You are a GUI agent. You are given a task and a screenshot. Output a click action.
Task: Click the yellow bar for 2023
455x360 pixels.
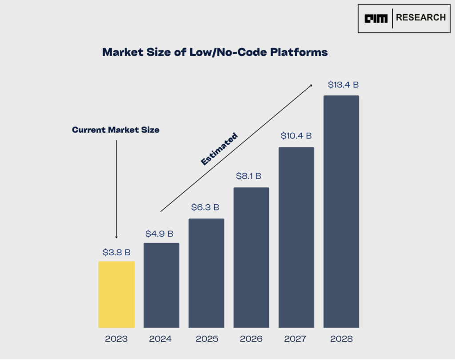coord(116,294)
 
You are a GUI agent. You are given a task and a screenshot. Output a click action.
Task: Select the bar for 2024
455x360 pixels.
coord(161,285)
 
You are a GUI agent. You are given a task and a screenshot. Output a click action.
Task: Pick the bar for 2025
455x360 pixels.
coord(206,273)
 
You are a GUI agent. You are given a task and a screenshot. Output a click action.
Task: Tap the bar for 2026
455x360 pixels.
coord(251,257)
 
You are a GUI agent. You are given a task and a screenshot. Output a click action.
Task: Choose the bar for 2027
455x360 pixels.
coord(296,237)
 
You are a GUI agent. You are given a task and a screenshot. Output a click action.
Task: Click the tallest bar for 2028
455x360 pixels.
coord(341,211)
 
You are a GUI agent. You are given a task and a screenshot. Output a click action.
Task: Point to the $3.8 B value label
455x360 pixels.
coord(116,253)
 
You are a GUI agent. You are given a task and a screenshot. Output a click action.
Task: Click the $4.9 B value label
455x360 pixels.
coord(160,234)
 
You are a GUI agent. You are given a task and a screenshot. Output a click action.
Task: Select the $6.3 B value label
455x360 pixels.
coord(205,207)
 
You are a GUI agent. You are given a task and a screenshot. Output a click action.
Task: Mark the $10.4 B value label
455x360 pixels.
coord(296,136)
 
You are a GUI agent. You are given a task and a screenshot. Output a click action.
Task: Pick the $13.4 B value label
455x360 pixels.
coord(343,84)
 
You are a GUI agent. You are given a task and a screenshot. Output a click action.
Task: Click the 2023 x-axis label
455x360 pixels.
coord(116,339)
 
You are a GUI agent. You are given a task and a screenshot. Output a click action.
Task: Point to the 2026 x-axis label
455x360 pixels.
coord(251,339)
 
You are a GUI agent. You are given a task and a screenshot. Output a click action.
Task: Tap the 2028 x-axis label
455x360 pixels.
coord(341,339)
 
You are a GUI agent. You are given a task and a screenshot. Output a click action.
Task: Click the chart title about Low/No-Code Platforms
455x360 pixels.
coord(215,52)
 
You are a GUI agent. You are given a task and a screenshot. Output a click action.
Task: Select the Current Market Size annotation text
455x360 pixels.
coord(116,130)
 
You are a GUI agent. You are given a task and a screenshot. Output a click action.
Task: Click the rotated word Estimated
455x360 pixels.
coord(219,149)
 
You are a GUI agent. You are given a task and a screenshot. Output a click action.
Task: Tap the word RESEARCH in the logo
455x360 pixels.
coord(420,18)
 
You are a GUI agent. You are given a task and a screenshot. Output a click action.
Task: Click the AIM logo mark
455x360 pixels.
coord(376,19)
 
